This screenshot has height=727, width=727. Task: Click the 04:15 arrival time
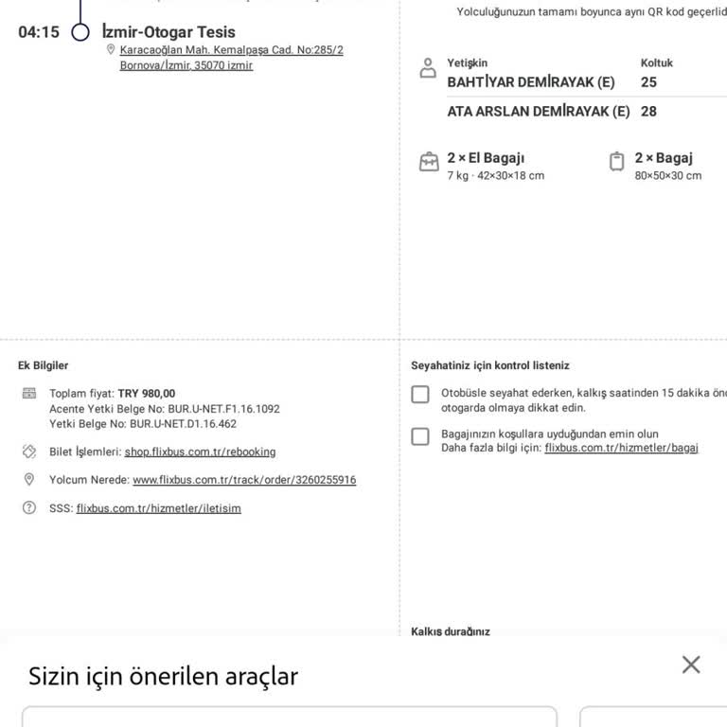coord(39,32)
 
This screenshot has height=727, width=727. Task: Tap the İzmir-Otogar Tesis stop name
coord(168,32)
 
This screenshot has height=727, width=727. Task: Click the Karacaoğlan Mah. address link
coord(231,58)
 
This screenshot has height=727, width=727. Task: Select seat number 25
coord(648,82)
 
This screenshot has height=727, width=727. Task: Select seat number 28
coord(648,112)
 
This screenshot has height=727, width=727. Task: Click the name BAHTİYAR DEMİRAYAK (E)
coord(531,82)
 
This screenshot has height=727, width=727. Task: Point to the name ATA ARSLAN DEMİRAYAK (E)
coord(539,112)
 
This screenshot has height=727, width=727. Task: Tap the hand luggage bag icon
coord(429,162)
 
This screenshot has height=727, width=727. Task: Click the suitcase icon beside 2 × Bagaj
coord(616,161)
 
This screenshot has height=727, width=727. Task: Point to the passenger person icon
coord(428,68)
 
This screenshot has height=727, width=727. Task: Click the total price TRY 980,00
coord(147,394)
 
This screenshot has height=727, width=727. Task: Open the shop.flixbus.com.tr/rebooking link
coord(201,452)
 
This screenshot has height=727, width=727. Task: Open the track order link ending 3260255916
coord(244,480)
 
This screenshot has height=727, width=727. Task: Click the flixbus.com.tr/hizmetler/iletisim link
coord(159,508)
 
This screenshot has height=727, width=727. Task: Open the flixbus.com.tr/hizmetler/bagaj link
coord(621,448)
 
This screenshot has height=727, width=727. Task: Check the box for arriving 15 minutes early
coord(420,395)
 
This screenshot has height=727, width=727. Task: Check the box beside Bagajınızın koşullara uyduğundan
coord(420,436)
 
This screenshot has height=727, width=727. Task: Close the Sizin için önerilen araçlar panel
coord(691,665)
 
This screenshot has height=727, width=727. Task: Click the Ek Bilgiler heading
coord(44,365)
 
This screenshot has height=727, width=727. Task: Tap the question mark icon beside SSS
coord(28,507)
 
